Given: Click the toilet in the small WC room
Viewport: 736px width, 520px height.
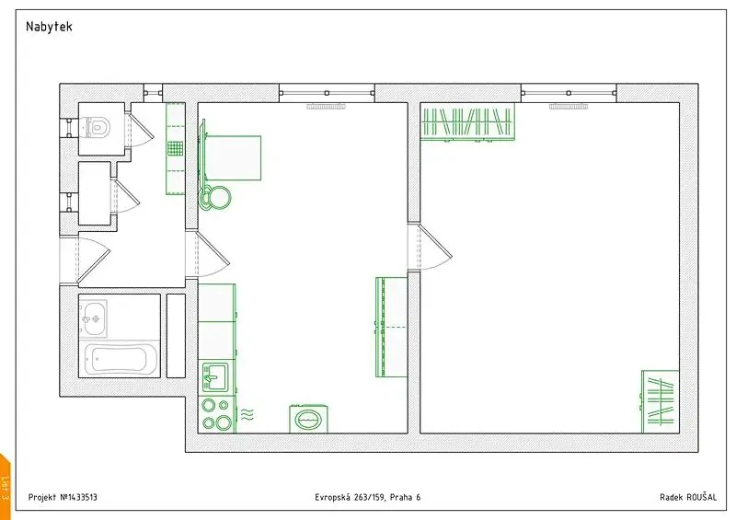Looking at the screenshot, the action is pos(98,127).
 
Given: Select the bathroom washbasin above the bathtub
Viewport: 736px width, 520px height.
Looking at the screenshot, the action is pos(93,319).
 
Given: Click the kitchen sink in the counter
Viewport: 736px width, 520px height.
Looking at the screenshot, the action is pos(215,376).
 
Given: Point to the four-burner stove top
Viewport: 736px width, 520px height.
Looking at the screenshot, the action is pos(217,414).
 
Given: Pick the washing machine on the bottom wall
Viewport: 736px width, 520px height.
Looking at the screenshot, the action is pos(308,418).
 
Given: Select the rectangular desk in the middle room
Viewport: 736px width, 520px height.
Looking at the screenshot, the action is pos(234,157).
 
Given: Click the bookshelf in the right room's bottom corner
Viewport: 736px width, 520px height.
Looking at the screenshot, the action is pos(661,401).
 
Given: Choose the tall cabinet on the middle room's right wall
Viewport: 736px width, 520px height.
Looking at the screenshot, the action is pos(392,327).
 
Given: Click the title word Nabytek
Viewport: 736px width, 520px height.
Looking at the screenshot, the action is pos(50,27).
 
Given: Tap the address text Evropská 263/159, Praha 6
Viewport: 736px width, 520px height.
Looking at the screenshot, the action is pos(367,497).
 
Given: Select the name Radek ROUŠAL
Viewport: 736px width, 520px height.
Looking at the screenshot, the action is pos(688,497).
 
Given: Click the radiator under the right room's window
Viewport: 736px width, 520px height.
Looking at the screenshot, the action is pos(569,107).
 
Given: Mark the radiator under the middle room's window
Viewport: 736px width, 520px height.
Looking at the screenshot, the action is pos(326,107).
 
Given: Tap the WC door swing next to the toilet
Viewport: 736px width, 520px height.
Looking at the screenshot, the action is pos(142,125).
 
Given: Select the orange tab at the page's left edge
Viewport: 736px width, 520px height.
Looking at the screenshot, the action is pos(5,487).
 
